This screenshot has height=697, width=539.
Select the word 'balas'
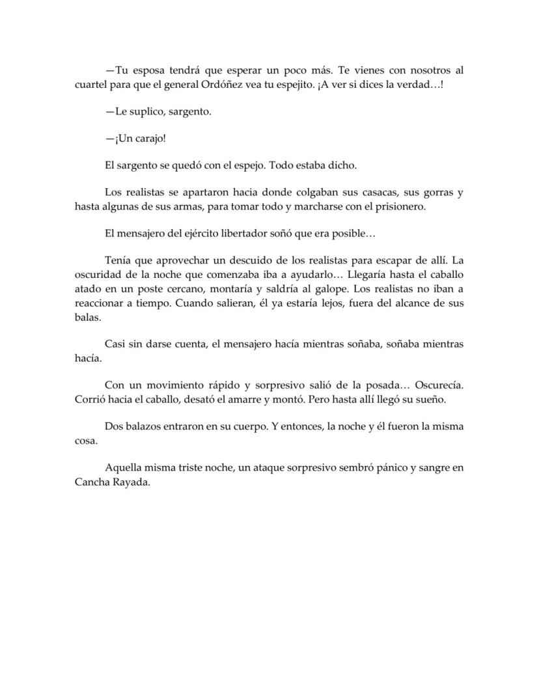pyautogui.click(x=87, y=317)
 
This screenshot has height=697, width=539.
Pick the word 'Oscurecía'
pyautogui.click(x=438, y=385)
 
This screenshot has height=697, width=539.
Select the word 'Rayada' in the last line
pyautogui.click(x=133, y=482)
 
